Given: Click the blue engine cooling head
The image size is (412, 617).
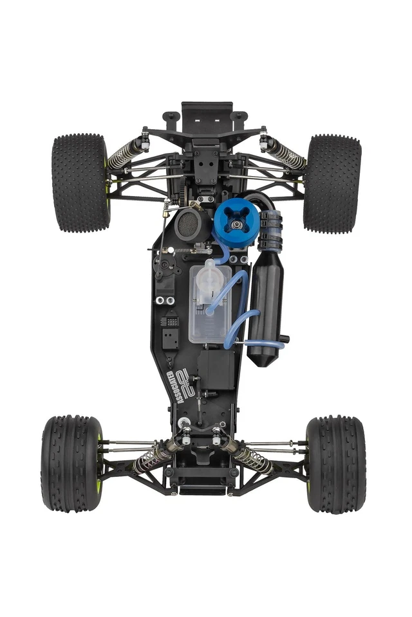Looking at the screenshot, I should (x=236, y=222).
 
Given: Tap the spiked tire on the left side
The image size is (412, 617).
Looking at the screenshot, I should (x=80, y=183).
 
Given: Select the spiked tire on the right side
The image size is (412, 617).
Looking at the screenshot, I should (x=332, y=183).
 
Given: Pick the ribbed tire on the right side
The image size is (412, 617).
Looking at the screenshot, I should (x=335, y=463).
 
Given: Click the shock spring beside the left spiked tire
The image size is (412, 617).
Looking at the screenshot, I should (x=126, y=155).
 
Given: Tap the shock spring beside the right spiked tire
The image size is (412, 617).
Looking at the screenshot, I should (x=285, y=155).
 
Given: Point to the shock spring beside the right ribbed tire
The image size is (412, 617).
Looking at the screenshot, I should (x=253, y=458).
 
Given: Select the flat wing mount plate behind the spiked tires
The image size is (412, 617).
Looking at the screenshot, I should (x=207, y=116).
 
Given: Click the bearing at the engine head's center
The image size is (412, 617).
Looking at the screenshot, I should (x=238, y=224).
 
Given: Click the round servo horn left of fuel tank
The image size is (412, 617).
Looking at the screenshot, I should (x=164, y=264).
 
